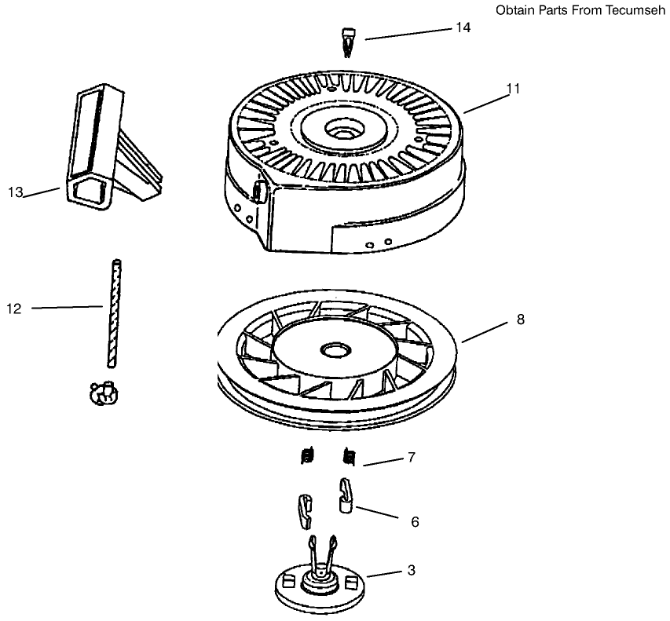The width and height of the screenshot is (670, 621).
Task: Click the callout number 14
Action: click(463, 27)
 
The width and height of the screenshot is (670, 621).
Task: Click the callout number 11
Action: click(513, 89)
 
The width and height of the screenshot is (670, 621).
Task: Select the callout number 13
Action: click(16, 192)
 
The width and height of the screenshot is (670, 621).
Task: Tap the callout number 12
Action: click(14, 309)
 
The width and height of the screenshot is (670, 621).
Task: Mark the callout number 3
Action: click(410, 571)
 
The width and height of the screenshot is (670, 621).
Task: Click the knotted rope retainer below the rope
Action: click(103, 393)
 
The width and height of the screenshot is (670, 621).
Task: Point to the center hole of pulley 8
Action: click(337, 348)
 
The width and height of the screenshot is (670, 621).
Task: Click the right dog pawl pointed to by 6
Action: click(346, 495)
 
